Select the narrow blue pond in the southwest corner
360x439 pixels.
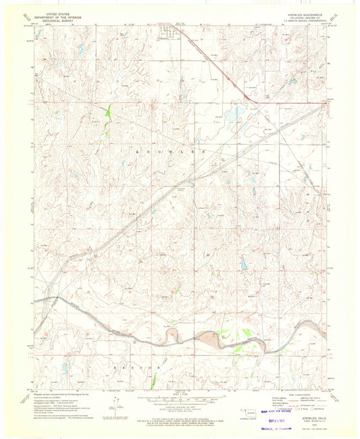(x=66, y=367)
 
